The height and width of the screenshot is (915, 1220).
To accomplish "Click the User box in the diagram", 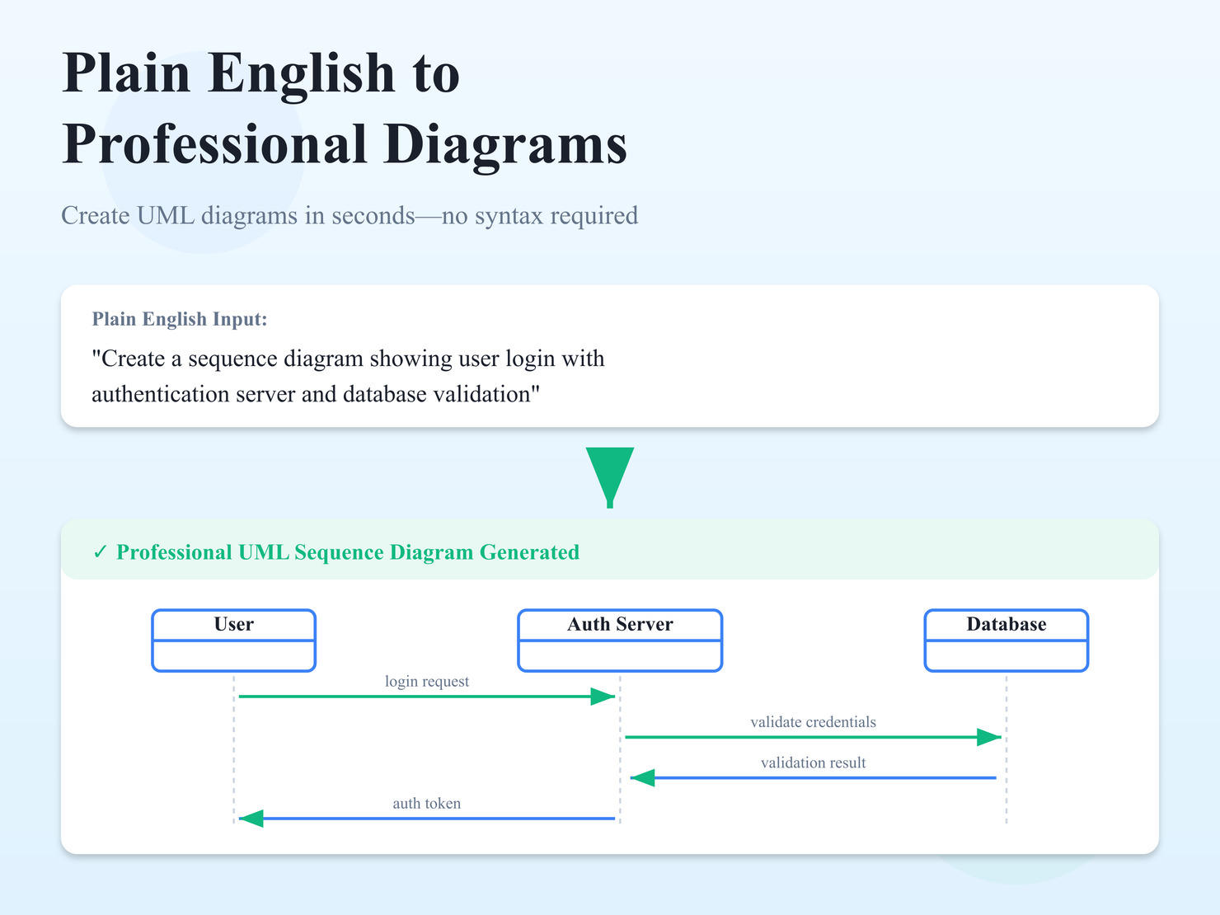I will (x=233, y=640).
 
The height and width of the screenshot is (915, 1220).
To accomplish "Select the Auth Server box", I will (x=620, y=640).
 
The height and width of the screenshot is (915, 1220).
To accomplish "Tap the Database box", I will (x=1006, y=640).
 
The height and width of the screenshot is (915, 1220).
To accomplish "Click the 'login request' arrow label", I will (x=426, y=682).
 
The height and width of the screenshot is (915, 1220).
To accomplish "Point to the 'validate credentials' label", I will (x=813, y=722).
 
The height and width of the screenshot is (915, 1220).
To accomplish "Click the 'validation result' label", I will (x=813, y=763).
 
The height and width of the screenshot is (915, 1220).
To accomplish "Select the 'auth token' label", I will (x=426, y=804).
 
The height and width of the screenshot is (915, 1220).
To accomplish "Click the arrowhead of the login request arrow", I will (x=603, y=697).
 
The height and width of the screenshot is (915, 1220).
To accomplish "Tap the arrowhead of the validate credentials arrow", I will (x=989, y=737).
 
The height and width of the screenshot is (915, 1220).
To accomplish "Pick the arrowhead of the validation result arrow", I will (x=642, y=777).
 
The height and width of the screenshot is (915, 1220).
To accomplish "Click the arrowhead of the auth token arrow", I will (x=251, y=819).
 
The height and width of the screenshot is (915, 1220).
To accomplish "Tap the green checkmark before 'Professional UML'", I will (x=101, y=552).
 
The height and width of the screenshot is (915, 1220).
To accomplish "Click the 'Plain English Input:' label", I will (x=180, y=319).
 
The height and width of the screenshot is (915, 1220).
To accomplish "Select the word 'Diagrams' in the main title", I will (x=505, y=144).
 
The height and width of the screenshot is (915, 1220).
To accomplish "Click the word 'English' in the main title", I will (x=302, y=73).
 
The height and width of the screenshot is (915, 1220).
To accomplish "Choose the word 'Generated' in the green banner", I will (x=529, y=552).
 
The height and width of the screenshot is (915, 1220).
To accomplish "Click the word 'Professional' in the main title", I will (x=214, y=144).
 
